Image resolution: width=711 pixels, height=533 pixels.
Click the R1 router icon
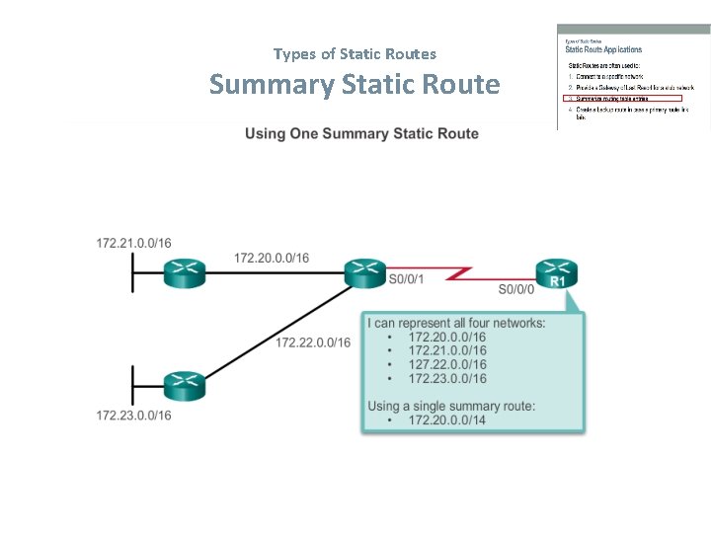(x=557, y=272)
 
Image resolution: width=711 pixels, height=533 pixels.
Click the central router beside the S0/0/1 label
(x=365, y=271)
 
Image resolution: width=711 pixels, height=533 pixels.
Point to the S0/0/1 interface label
(x=407, y=279)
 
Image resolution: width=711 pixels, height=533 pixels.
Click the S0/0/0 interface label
(x=516, y=289)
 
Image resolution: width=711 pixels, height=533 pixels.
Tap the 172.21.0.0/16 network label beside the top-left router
(x=133, y=243)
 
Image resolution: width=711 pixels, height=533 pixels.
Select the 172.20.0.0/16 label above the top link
(x=272, y=258)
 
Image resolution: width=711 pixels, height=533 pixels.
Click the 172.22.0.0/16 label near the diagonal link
(x=313, y=343)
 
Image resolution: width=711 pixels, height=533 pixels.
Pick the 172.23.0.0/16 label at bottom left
(x=133, y=416)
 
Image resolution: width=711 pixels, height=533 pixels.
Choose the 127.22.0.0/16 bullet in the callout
(x=447, y=364)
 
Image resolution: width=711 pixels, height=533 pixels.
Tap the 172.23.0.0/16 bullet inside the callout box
(x=447, y=378)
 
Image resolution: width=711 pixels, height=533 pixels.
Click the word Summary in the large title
(x=272, y=85)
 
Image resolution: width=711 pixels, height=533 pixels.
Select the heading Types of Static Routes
(x=355, y=53)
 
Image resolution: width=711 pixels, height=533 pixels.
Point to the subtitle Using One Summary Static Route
(x=361, y=133)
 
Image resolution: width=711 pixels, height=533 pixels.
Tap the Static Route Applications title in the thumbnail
(x=603, y=49)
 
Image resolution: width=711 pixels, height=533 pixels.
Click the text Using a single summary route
(x=452, y=406)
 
